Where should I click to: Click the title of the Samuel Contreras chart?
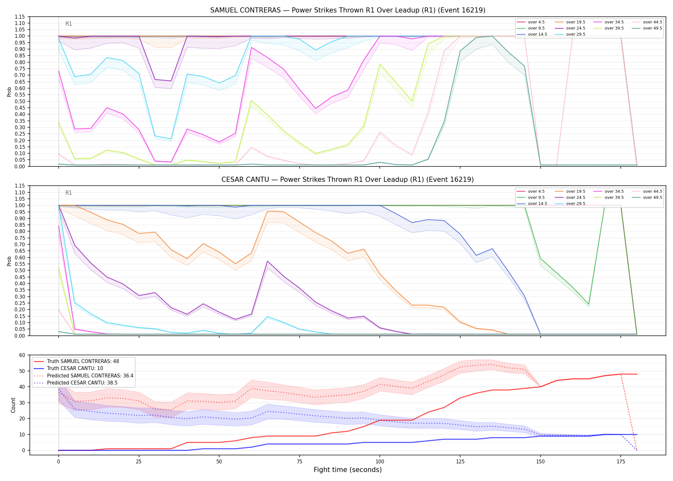pyautogui.click(x=348, y=10)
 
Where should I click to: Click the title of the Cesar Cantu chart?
pyautogui.click(x=348, y=180)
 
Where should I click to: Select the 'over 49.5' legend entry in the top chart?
pyautogui.click(x=647, y=28)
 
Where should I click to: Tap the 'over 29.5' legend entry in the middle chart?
pyautogui.click(x=570, y=204)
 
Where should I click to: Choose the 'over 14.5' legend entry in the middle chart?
pyautogui.click(x=532, y=204)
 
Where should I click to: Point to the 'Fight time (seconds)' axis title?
pyautogui.click(x=348, y=470)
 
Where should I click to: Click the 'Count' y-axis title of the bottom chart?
pyautogui.click(x=13, y=405)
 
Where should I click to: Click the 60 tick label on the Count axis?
pyautogui.click(x=22, y=355)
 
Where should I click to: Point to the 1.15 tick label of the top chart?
pyautogui.click(x=20, y=17)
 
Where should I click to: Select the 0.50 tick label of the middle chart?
pyautogui.click(x=20, y=270)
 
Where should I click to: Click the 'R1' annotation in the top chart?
pyautogui.click(x=69, y=24)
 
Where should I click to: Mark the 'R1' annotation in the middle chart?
pyautogui.click(x=69, y=193)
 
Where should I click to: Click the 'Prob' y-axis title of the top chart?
pyautogui.click(x=9, y=92)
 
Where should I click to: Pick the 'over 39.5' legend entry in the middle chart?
pyautogui.click(x=609, y=198)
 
